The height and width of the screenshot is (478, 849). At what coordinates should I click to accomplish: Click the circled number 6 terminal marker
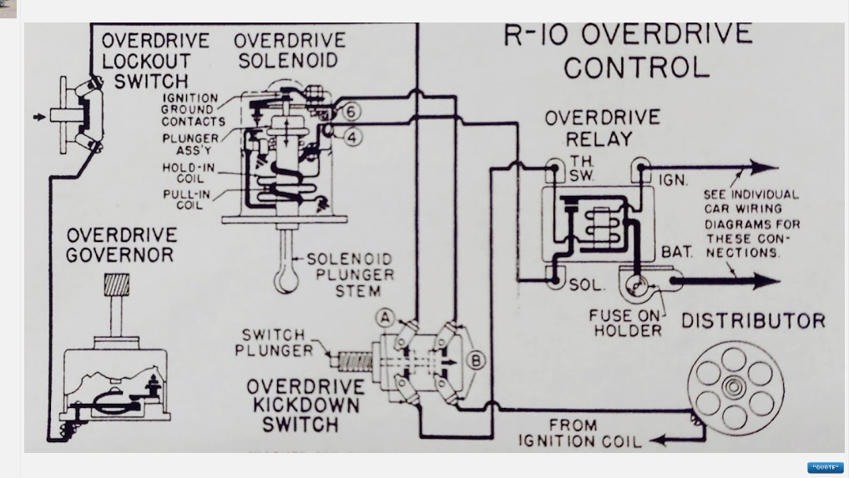click(351, 112)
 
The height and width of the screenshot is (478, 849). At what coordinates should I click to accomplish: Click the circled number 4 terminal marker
click(352, 138)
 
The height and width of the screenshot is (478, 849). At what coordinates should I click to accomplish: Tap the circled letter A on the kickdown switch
click(385, 317)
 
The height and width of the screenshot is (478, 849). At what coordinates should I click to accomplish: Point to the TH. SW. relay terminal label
click(582, 169)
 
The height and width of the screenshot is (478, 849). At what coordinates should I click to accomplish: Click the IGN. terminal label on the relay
click(673, 180)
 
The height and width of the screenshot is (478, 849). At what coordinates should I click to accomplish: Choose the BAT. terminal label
click(677, 252)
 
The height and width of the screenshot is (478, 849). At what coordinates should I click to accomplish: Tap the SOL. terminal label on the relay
click(585, 284)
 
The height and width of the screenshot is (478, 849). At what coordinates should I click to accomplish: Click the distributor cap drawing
click(735, 388)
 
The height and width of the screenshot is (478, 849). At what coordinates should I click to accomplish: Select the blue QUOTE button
click(825, 467)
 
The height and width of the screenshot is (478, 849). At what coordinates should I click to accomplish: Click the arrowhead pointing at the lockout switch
click(39, 117)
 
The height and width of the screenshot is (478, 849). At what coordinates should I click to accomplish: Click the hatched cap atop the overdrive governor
click(116, 284)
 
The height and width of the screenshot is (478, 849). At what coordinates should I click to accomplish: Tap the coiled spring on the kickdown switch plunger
click(355, 361)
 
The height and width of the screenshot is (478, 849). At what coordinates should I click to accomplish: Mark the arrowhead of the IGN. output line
click(765, 168)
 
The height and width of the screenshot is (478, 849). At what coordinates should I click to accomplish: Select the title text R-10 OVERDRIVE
click(628, 35)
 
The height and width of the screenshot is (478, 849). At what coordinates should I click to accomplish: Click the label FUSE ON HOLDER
click(626, 323)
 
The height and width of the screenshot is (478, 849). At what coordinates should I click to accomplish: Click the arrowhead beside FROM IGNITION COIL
click(658, 440)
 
